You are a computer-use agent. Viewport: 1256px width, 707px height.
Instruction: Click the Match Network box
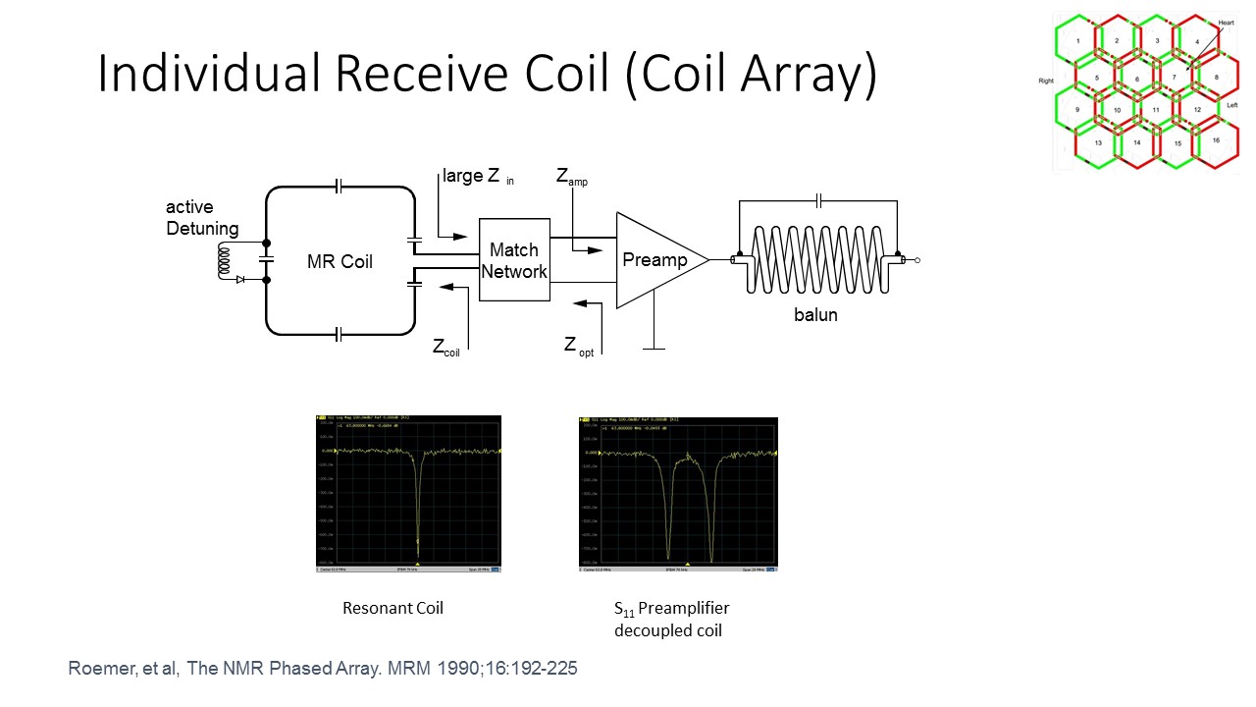pyautogui.click(x=514, y=260)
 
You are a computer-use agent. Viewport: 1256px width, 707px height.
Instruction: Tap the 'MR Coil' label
pyautogui.click(x=340, y=262)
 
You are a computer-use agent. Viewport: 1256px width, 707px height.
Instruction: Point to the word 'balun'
pyautogui.click(x=815, y=315)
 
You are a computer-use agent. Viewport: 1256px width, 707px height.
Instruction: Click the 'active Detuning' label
pyautogui.click(x=201, y=218)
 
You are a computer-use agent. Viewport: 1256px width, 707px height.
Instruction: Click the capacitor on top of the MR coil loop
pyautogui.click(x=339, y=187)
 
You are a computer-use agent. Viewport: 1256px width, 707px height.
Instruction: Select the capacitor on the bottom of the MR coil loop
pyautogui.click(x=339, y=335)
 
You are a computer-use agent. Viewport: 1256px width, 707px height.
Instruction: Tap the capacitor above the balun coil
pyautogui.click(x=818, y=201)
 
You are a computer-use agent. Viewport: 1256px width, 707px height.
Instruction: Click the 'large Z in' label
pyautogui.click(x=478, y=178)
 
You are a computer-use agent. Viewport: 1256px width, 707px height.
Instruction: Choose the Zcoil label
pyautogui.click(x=446, y=348)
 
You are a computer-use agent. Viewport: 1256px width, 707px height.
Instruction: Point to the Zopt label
pyautogui.click(x=578, y=346)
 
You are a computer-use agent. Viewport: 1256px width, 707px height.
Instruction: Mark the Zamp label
pyautogui.click(x=571, y=178)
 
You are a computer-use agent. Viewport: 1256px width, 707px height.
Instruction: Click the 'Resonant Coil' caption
pyautogui.click(x=392, y=608)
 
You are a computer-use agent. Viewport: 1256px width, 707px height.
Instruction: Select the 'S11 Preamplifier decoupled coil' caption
pyautogui.click(x=668, y=619)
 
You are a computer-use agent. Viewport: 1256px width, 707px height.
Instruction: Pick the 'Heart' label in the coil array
pyautogui.click(x=1226, y=22)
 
